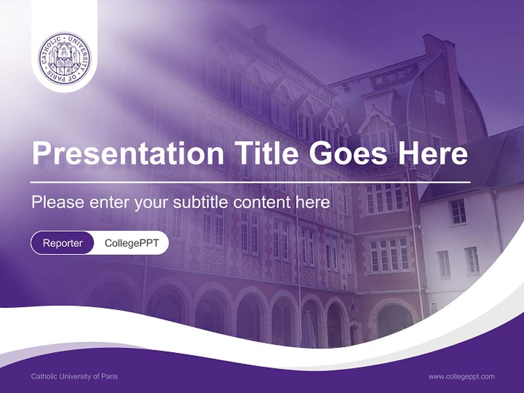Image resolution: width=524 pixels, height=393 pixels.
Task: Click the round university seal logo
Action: click(64, 57)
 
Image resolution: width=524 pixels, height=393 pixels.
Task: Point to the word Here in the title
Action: click(433, 153)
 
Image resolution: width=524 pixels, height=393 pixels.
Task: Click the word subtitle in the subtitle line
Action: click(200, 203)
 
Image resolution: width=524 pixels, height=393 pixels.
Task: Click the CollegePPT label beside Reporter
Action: click(132, 243)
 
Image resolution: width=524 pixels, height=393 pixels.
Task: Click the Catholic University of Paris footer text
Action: click(74, 376)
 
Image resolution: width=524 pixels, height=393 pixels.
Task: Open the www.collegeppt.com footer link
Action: click(461, 376)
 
